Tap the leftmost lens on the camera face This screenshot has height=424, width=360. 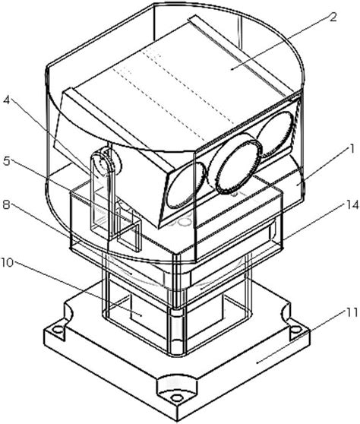point(182,185)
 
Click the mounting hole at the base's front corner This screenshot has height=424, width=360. point(177,397)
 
